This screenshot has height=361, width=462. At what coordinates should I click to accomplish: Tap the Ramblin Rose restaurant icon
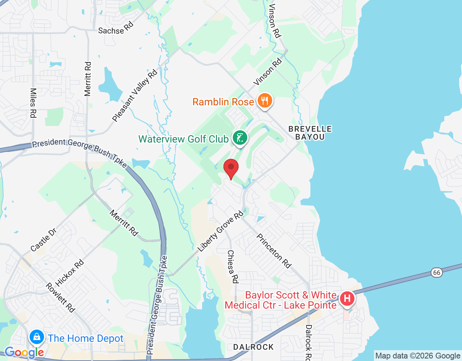265,100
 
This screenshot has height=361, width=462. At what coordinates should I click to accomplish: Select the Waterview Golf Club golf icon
240,138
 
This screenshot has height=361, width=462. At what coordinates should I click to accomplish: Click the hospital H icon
347,299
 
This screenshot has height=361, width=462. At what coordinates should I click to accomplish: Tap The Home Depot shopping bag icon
36,337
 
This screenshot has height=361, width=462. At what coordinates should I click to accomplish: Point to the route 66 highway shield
437,272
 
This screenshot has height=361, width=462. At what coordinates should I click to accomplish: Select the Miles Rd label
33,103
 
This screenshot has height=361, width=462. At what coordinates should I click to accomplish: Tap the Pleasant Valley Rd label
135,96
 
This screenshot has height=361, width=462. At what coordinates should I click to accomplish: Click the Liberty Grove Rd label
221,232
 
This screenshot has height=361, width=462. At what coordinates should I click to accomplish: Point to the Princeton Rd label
274,251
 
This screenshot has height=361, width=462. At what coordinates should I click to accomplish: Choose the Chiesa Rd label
232,266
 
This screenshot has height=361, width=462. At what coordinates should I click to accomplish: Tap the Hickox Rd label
70,273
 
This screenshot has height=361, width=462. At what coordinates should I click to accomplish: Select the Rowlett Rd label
60,297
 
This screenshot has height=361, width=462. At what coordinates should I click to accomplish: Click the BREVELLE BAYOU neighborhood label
310,133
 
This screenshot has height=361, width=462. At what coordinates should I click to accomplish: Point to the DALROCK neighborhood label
253,347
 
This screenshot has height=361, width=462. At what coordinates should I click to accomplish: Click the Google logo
24,352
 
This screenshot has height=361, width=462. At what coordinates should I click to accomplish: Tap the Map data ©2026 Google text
418,356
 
